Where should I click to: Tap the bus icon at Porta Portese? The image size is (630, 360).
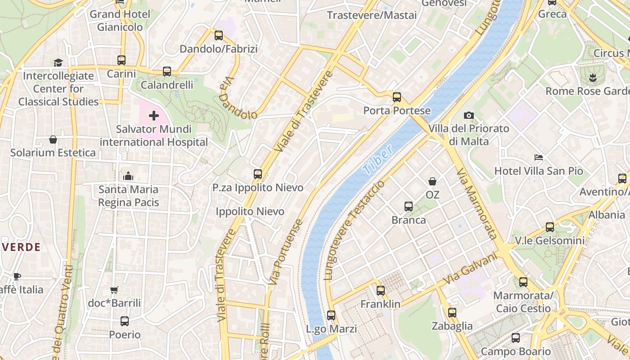click(x=396, y=97)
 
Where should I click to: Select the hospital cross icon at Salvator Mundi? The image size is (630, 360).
click(x=154, y=116)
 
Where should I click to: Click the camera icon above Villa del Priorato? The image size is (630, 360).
click(x=468, y=116)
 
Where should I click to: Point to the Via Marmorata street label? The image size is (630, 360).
click(x=477, y=204)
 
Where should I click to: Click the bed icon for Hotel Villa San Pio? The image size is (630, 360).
click(x=539, y=157)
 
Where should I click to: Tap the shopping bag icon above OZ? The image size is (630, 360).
click(x=432, y=181)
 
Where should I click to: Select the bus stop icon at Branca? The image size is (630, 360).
click(x=408, y=207)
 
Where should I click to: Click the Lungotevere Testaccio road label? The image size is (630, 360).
click(x=354, y=230)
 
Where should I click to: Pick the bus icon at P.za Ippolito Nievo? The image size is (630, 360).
click(x=258, y=174)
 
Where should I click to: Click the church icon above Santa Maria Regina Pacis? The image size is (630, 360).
click(x=128, y=176)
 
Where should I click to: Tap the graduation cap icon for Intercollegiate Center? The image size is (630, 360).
click(x=58, y=63)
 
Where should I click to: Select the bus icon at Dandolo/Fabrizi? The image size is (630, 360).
click(x=219, y=36)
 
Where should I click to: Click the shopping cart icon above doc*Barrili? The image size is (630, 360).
click(x=114, y=290)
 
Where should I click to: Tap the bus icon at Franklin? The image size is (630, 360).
click(x=381, y=291)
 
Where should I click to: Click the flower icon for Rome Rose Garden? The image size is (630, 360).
click(x=593, y=77)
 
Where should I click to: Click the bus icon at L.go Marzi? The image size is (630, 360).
click(x=331, y=315)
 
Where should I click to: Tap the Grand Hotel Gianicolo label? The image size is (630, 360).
click(x=120, y=21)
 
